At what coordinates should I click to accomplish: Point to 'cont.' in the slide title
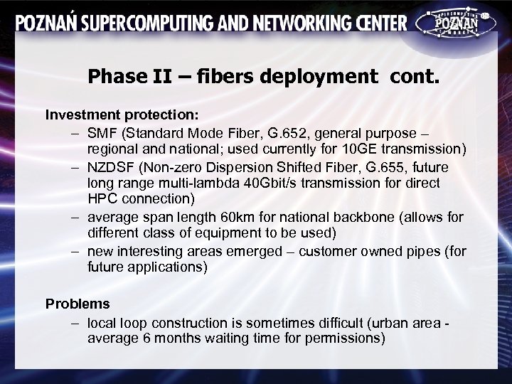click(415, 75)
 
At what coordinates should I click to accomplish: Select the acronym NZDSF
click(110, 169)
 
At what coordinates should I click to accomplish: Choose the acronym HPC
click(102, 197)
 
